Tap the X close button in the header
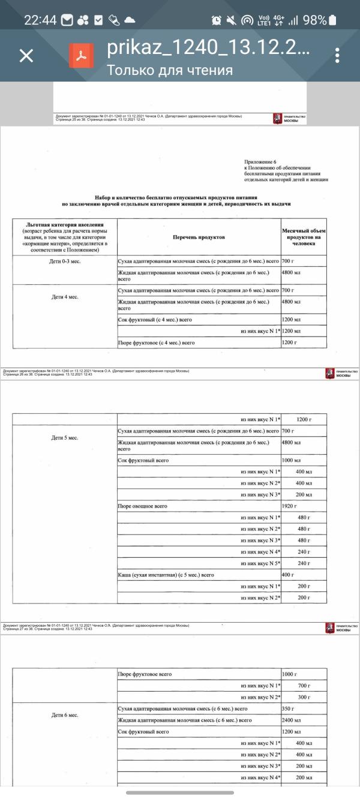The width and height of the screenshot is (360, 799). [26, 56]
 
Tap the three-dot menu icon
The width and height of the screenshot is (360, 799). [338, 56]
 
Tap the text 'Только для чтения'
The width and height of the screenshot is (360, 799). [170, 70]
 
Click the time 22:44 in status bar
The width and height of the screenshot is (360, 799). [40, 20]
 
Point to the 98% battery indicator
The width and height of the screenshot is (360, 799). [315, 20]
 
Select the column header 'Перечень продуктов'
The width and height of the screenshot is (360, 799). [199, 238]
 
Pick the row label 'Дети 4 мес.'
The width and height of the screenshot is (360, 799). [64, 297]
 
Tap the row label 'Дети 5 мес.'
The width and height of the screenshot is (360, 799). [64, 437]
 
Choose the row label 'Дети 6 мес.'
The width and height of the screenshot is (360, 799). [64, 715]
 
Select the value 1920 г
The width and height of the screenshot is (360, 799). [290, 506]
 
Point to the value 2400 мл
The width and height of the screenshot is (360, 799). [291, 720]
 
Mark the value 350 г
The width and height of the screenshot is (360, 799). [288, 709]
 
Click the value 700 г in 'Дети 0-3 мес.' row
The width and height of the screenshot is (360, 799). [288, 262]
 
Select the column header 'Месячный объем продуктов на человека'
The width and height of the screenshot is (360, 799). [304, 237]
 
